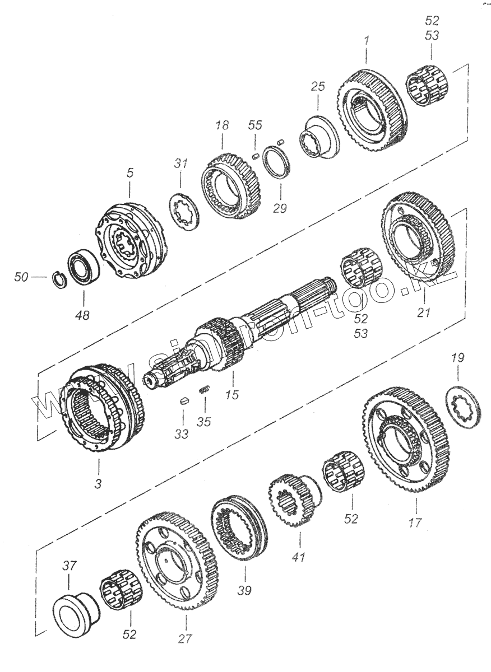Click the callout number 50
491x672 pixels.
[21, 277]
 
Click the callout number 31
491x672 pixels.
[181, 164]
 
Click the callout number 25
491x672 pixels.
[318, 86]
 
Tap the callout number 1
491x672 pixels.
[367, 41]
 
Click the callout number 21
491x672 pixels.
[424, 312]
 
